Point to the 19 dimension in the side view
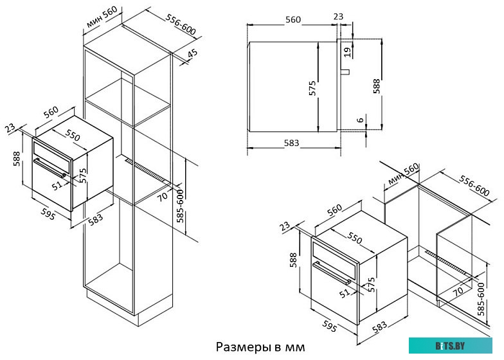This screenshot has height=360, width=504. coord(347,51)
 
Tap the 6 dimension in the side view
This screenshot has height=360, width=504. coord(361,119)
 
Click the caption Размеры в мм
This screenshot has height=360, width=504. coord(260,347)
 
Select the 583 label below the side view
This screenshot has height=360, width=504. coord(292,143)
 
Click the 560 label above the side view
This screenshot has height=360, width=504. coord(293,20)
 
